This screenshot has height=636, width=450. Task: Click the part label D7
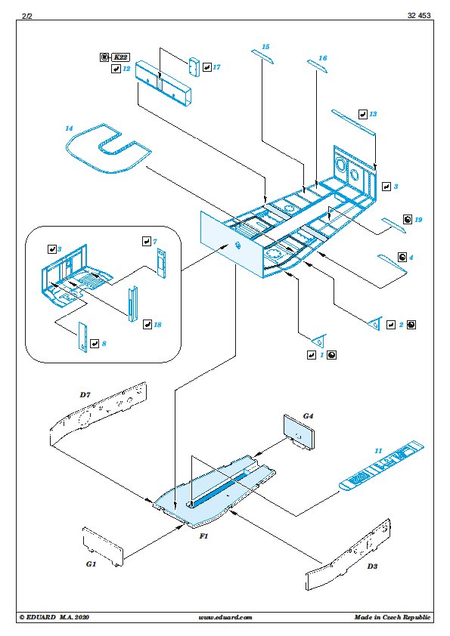pos(85,394)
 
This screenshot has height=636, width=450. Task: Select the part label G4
pos(309,415)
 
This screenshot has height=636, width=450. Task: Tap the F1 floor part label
pos(203,536)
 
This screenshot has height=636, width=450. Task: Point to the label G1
pos(91,563)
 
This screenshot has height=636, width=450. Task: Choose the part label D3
pos(372,567)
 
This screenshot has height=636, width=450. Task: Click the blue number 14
pos(69,128)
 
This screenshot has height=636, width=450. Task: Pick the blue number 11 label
pos(378,451)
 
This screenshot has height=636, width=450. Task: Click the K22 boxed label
pos(120,57)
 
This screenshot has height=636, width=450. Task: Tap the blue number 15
pos(265,47)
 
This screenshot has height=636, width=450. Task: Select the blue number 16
pos(322,58)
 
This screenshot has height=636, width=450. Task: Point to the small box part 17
pos(194,66)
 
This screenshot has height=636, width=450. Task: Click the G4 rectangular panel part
pos(299,432)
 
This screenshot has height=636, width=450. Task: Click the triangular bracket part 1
pos(319,340)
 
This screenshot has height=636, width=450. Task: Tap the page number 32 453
pos(419,15)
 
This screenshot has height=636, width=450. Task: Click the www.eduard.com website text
pos(225,617)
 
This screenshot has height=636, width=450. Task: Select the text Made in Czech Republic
pos(393,617)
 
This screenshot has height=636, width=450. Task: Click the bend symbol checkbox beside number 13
pos(363,114)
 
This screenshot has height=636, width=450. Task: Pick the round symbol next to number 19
pos(408,220)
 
